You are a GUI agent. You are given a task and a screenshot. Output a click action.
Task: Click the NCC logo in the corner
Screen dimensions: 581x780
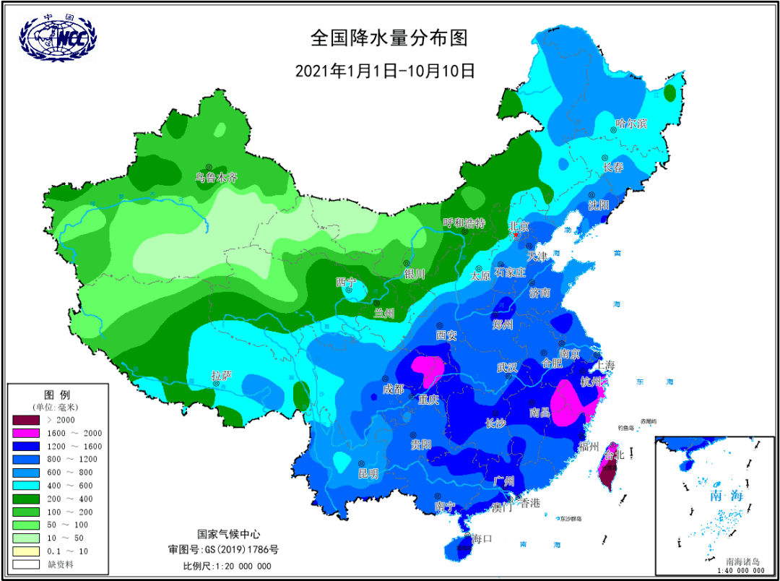click(57, 35)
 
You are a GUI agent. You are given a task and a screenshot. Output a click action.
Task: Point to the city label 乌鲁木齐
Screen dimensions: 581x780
click(217, 177)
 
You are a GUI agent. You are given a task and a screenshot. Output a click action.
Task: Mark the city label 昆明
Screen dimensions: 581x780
click(368, 474)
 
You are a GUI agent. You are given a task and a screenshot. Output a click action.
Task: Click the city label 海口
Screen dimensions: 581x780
click(481, 538)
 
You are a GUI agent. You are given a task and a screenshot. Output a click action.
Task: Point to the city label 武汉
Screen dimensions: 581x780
click(507, 367)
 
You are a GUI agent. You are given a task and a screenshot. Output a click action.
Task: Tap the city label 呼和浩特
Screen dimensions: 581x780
click(463, 223)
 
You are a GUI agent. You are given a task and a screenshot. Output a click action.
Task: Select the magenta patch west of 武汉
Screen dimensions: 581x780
click(428, 369)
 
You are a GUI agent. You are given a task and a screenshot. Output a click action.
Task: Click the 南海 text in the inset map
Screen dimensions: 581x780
click(726, 496)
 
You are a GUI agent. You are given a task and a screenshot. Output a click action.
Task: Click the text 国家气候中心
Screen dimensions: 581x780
click(228, 534)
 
